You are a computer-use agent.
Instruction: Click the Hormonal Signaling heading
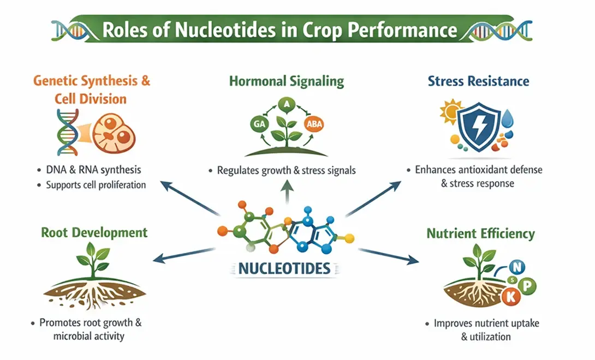tap(287, 82)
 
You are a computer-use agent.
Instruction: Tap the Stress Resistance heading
tap(478, 82)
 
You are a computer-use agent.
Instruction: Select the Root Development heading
tap(94, 232)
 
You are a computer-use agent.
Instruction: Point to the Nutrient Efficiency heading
tap(480, 234)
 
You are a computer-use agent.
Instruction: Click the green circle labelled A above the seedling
tap(285, 103)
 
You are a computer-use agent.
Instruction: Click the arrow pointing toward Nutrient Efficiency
tap(387, 256)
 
